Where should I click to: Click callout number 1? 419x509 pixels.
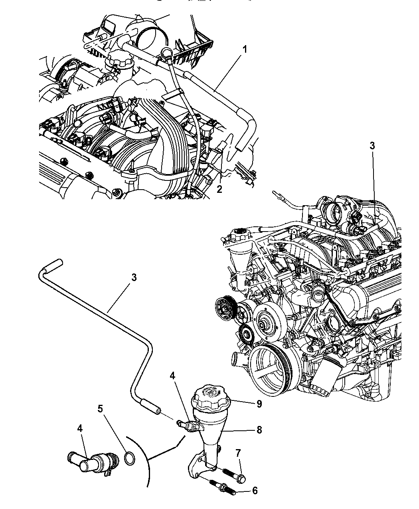click(245, 50)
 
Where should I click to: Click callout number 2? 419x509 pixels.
click(219, 189)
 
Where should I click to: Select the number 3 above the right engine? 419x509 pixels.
click(372, 146)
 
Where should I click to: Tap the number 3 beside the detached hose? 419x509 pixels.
click(134, 277)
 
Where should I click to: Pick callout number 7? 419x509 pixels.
click(238, 453)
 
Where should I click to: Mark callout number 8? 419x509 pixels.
click(259, 430)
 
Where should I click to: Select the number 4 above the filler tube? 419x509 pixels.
click(172, 376)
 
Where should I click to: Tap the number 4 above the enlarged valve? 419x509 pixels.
click(80, 428)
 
